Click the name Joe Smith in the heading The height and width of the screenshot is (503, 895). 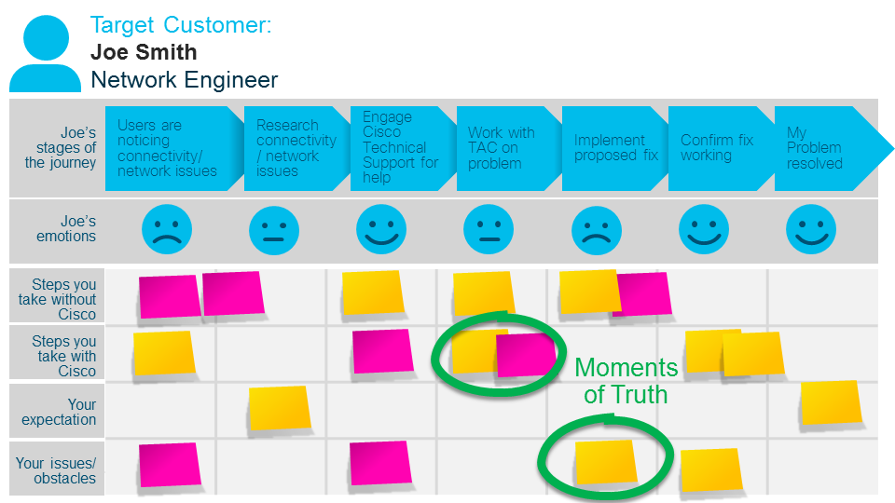tap(144, 52)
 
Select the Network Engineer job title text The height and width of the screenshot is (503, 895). tap(184, 80)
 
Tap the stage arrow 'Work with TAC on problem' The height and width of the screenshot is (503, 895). tap(503, 148)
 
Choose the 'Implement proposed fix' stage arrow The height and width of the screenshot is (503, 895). tap(611, 148)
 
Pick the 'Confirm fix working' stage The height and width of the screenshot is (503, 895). tap(717, 148)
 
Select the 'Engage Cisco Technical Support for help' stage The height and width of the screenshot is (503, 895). tap(398, 148)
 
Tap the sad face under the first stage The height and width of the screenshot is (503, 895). tap(167, 229)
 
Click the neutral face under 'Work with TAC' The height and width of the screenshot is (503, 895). tap(488, 229)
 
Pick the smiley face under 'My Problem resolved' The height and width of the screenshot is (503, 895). tap(810, 229)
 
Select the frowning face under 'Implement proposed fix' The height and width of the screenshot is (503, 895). tap(596, 229)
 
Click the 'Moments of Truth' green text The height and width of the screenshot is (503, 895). tap(626, 380)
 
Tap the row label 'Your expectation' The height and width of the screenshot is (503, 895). tap(60, 412)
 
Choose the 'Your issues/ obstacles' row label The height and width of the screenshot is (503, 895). tap(56, 470)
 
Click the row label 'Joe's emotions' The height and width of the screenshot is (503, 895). tap(65, 229)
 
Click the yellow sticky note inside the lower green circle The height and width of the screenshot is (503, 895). tap(606, 462)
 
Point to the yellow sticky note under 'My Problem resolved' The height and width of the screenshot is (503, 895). tap(831, 401)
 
